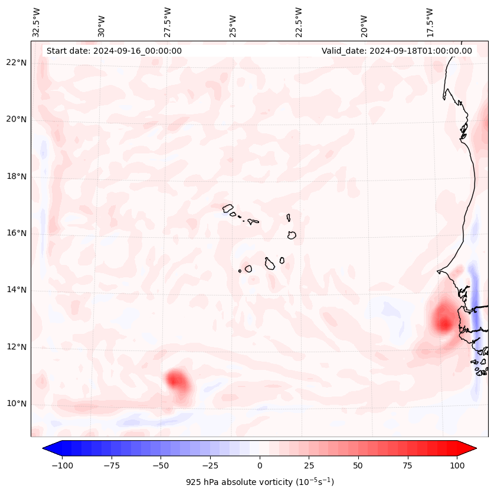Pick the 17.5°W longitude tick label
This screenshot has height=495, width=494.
pyautogui.click(x=430, y=22)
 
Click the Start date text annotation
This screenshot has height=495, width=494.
pyautogui.click(x=114, y=51)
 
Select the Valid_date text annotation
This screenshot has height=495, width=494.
pyautogui.click(x=397, y=51)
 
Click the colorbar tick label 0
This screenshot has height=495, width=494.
pyautogui.click(x=259, y=466)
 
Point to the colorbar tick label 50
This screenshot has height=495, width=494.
pyautogui.click(x=358, y=466)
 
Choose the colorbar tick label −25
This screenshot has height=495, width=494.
pyautogui.click(x=210, y=466)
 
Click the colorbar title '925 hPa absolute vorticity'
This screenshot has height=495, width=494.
pyautogui.click(x=259, y=482)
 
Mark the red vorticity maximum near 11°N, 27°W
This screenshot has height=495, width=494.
pyautogui.click(x=176, y=379)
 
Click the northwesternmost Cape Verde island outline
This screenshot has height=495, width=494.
pyautogui.click(x=228, y=208)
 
